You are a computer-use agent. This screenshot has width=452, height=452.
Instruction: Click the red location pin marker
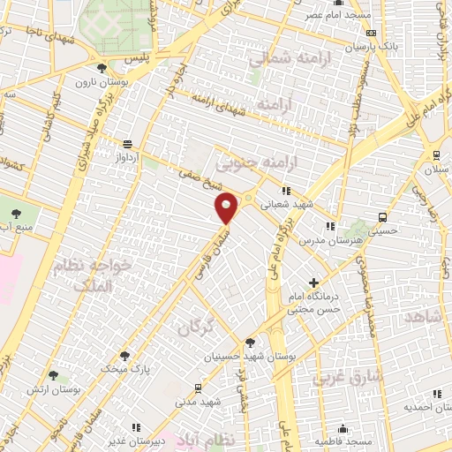(x=228, y=207)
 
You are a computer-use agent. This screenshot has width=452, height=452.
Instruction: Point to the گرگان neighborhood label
(x=196, y=328)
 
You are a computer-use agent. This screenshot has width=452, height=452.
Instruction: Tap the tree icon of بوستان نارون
(x=102, y=67)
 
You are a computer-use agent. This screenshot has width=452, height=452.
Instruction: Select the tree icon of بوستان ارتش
(x=53, y=376)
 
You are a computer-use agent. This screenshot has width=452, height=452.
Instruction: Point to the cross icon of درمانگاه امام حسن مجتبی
(x=313, y=283)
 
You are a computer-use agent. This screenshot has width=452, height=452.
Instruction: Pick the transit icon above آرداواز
(x=129, y=144)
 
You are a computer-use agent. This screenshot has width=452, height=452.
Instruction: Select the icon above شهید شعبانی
(x=284, y=190)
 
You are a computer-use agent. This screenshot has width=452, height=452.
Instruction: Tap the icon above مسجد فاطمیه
(x=341, y=428)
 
